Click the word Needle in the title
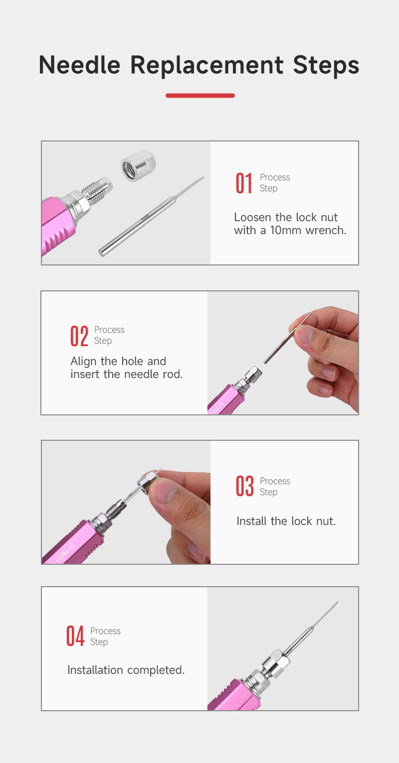tap(79, 65)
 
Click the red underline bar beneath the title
tap(200, 96)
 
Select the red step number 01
tap(244, 183)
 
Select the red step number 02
tap(79, 336)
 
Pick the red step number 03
tap(244, 486)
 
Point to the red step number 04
tap(75, 636)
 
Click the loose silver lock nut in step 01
tap(139, 166)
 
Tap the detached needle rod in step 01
tap(151, 216)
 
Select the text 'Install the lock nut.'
tap(286, 521)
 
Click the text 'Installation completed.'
tap(126, 670)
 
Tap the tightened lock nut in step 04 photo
tap(277, 663)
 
